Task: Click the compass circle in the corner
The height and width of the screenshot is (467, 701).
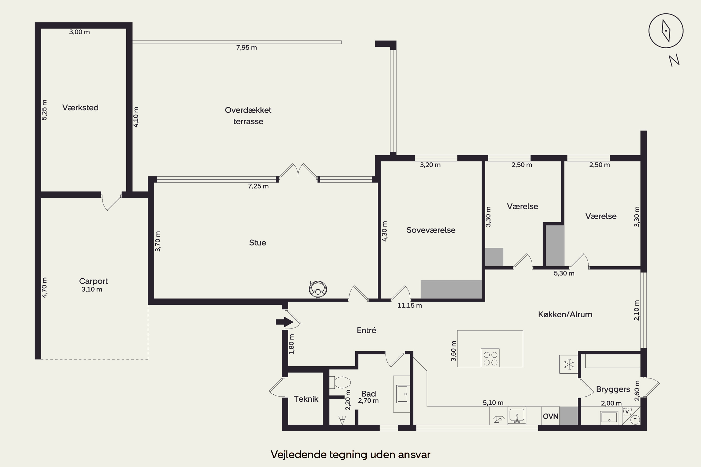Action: tap(649, 31)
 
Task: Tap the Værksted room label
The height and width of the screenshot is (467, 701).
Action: tap(80, 107)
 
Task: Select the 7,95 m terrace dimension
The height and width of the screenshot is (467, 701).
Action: tap(247, 48)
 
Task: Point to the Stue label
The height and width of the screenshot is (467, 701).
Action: tap(258, 243)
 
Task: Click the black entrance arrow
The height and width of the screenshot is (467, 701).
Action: tap(285, 322)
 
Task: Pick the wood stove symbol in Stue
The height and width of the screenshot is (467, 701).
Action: tap(318, 289)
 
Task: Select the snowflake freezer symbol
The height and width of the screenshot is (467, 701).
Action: tap(569, 364)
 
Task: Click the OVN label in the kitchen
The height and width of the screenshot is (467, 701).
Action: tap(551, 416)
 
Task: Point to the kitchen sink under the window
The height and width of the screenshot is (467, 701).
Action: tap(517, 415)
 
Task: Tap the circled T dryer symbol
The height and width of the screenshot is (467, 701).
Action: tap(635, 420)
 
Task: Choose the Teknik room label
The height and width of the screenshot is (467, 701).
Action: tap(306, 399)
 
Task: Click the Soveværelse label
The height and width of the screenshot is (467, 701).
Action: tap(431, 230)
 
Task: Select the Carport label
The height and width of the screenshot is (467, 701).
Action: tap(93, 281)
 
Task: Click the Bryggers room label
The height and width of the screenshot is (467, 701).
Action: tap(613, 389)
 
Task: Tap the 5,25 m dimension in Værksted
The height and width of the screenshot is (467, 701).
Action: tap(44, 110)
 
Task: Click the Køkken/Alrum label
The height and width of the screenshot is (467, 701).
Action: tap(565, 315)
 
